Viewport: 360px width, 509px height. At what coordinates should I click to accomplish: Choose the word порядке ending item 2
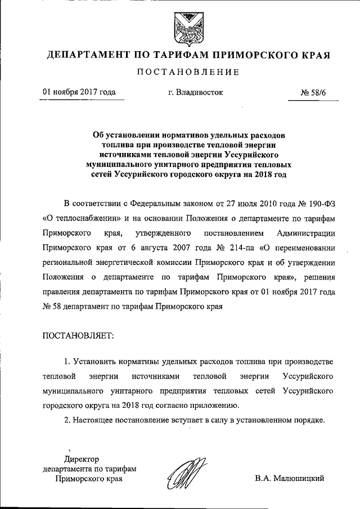tap(306, 420)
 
